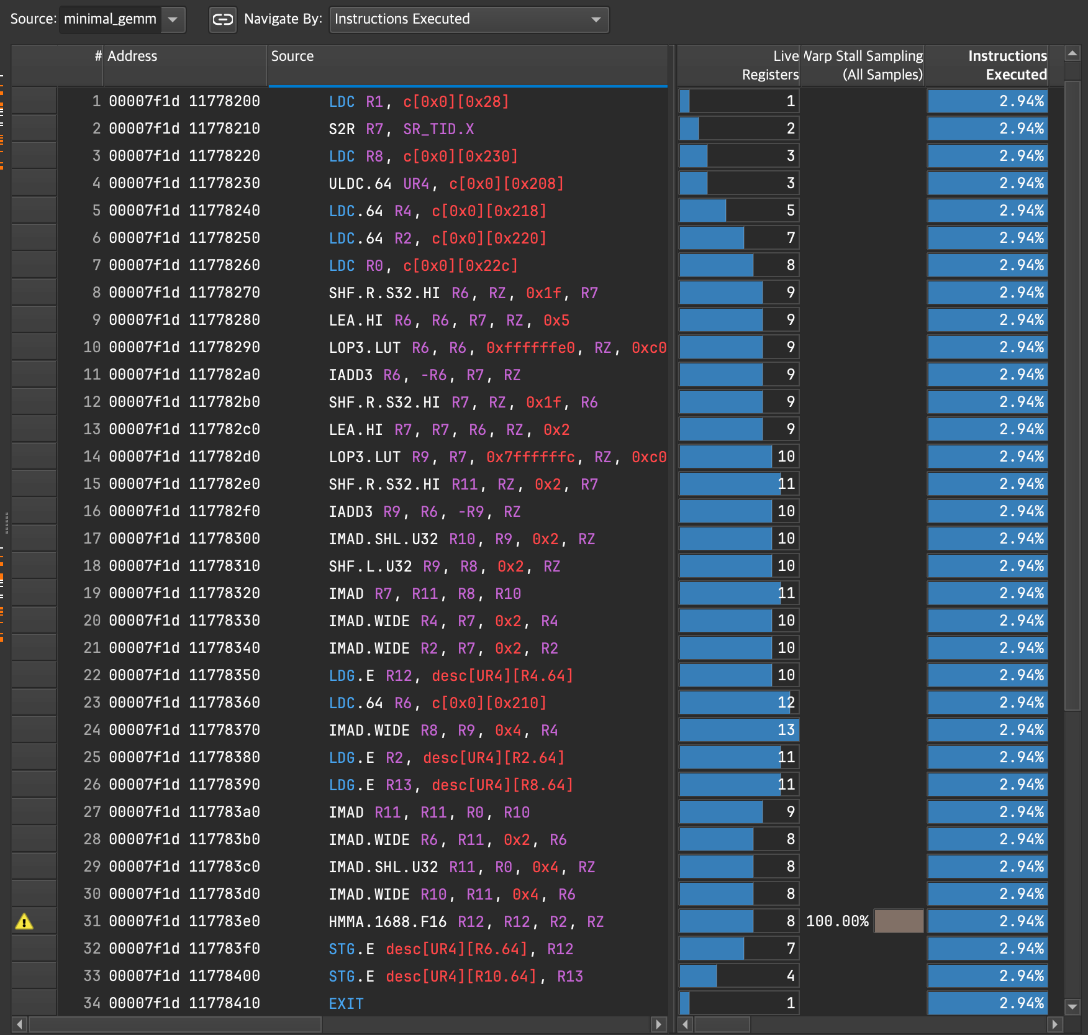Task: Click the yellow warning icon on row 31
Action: coord(24,921)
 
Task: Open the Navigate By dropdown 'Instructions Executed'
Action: coord(468,19)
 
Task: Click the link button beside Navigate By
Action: coord(222,19)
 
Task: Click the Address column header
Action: coord(132,57)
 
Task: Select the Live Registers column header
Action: coord(769,65)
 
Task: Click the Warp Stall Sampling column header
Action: coord(863,65)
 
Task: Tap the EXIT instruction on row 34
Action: coord(346,1003)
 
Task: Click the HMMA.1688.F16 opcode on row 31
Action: coord(387,921)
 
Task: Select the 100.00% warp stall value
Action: coord(837,921)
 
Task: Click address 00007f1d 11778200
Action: coord(184,101)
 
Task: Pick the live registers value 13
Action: coord(786,730)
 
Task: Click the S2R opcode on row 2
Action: coord(342,129)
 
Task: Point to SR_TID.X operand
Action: coord(438,129)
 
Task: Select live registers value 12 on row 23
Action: coord(786,703)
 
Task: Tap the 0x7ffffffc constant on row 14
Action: coord(530,457)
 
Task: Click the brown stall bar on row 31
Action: coord(898,921)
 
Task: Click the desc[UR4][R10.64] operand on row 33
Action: coord(461,976)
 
